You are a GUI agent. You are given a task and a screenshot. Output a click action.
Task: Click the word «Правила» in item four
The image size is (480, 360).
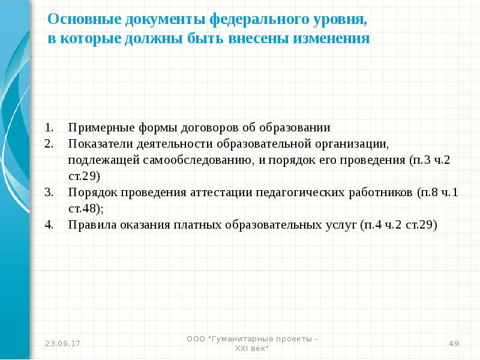coord(88,226)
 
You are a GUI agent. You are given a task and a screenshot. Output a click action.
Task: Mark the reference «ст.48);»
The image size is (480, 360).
coord(86,209)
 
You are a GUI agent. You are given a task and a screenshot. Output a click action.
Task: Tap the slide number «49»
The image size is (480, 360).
coord(454,343)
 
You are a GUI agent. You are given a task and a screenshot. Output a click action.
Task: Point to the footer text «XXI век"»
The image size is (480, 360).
coord(251,348)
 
